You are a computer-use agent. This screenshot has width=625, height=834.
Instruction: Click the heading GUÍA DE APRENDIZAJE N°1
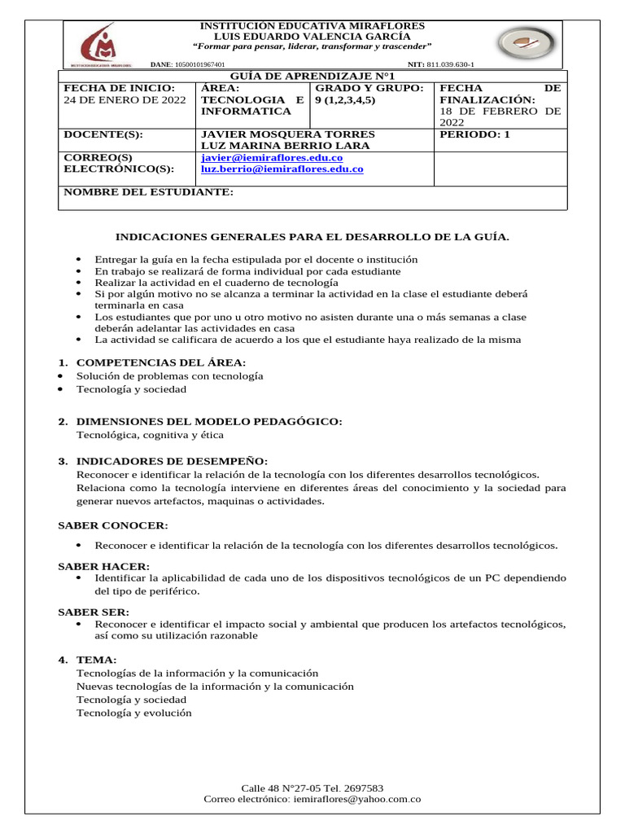312,75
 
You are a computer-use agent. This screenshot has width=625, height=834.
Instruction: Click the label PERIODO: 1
474,134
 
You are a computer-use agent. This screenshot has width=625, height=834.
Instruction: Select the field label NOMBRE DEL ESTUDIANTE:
148,192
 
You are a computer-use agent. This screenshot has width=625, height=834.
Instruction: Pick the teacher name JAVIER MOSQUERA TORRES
277,134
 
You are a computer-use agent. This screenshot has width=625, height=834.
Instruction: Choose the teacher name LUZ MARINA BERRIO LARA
273,146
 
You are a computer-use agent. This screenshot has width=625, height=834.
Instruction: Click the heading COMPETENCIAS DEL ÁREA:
161,362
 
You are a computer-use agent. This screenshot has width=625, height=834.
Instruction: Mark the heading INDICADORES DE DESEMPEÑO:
172,461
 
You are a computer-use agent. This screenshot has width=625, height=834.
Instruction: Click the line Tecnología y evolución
134,713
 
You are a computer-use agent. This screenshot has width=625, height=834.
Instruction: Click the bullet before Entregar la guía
78,260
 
